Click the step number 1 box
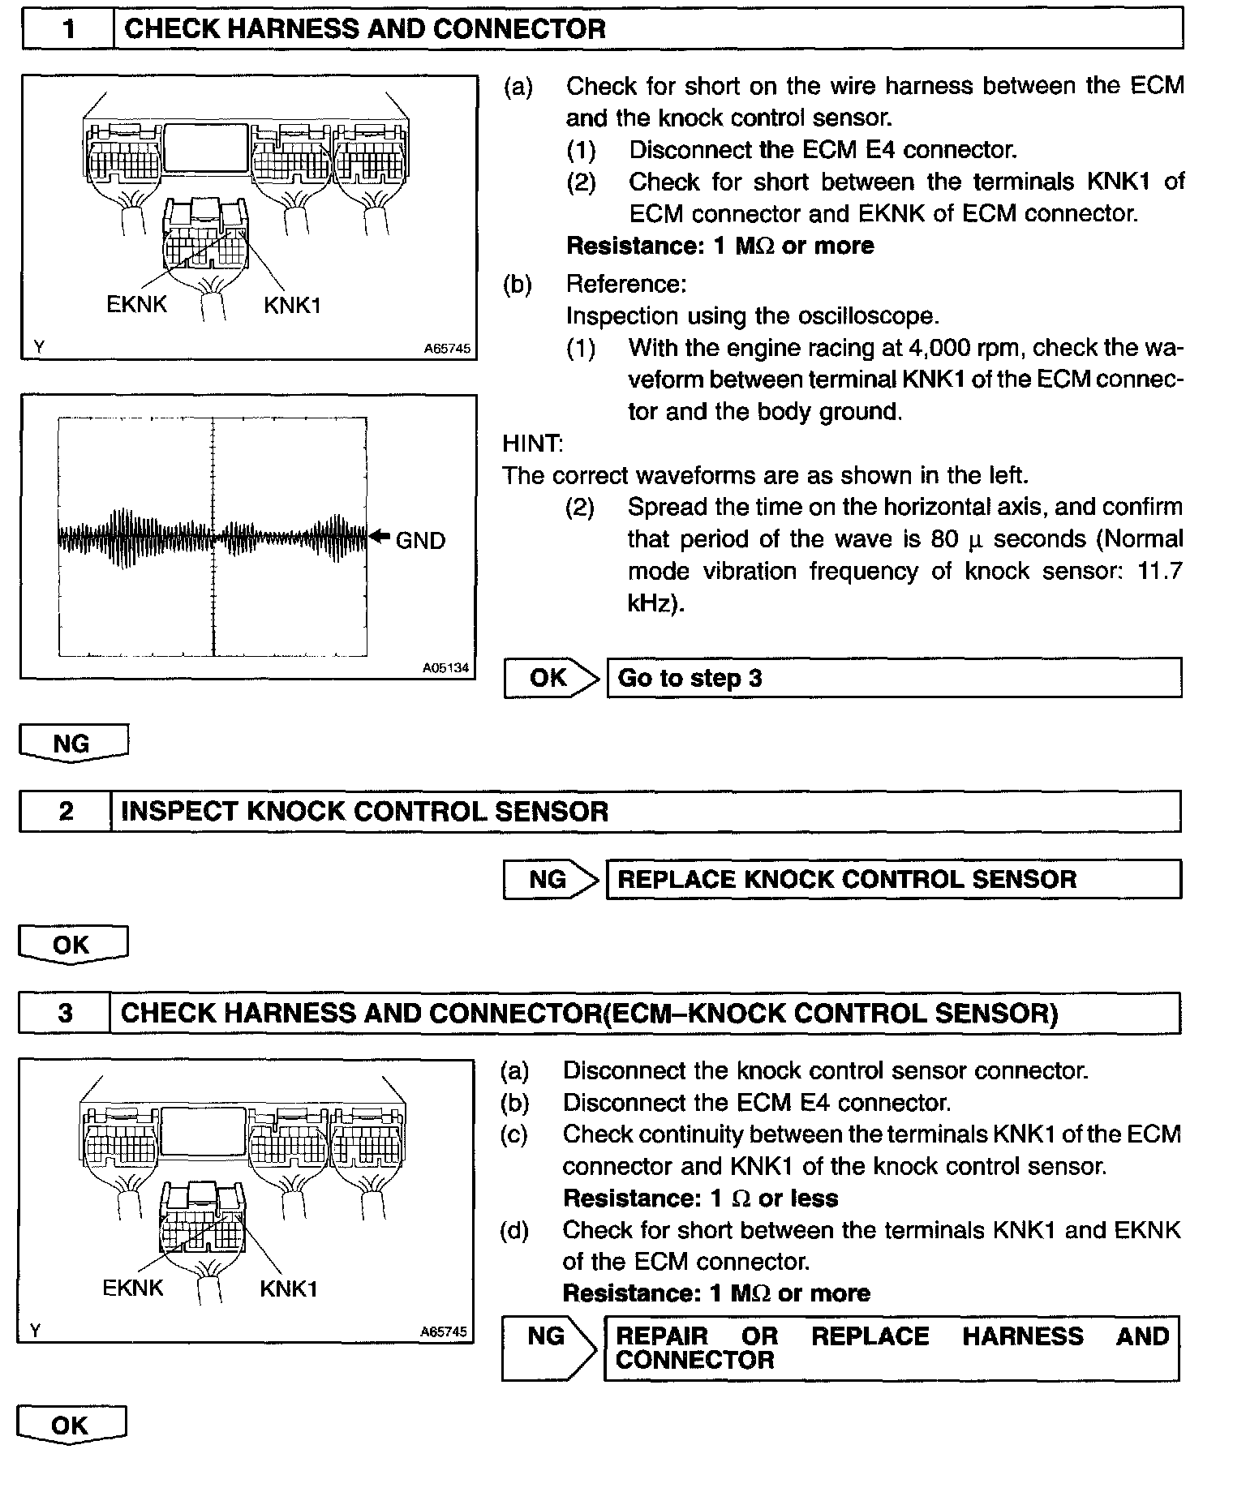point(69,30)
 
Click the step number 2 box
point(66,812)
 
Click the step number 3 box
point(65,1013)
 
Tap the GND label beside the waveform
point(420,541)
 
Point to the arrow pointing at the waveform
point(379,536)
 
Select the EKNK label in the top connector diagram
point(136,305)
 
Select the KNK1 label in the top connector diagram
point(292,306)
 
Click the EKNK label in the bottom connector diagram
point(133,1288)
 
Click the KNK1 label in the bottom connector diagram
point(289,1289)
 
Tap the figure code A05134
point(446,669)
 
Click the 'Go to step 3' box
point(893,678)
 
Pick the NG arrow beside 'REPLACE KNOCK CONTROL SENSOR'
point(550,880)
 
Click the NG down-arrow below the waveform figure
point(73,744)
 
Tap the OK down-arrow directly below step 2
point(73,945)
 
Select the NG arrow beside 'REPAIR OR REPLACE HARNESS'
point(548,1348)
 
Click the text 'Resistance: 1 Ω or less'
point(700,1198)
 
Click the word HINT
point(532,444)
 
